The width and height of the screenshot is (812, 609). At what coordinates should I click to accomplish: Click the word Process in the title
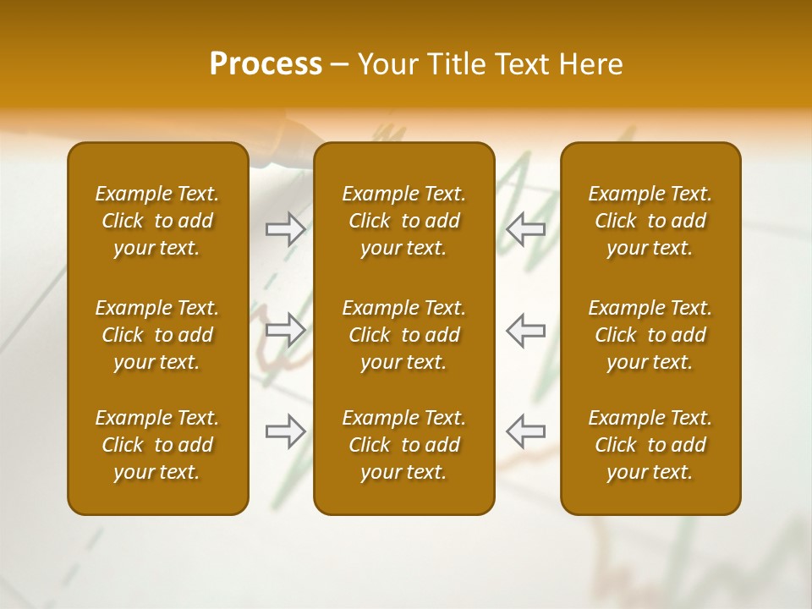[266, 64]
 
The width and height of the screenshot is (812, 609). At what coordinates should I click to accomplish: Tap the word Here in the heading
[590, 64]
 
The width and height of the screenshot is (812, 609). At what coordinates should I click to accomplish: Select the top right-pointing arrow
[286, 228]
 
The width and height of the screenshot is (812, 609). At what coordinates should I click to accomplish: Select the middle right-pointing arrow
[286, 330]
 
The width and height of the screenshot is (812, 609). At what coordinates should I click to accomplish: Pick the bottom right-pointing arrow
[286, 431]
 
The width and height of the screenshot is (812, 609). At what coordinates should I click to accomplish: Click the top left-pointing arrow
[526, 228]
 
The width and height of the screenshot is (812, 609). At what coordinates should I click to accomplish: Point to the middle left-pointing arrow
[526, 330]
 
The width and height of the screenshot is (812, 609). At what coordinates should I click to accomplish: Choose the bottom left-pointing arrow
[526, 431]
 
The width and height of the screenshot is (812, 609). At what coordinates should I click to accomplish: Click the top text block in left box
[157, 221]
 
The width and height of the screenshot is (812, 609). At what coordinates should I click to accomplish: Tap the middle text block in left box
[157, 335]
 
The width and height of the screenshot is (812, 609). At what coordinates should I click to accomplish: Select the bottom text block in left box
[157, 445]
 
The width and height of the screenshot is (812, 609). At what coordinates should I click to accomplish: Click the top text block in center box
[403, 221]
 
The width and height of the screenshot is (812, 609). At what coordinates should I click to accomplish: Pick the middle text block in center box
[403, 335]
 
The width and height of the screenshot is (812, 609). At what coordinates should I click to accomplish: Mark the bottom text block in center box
[403, 445]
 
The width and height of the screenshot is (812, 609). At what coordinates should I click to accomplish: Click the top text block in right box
[650, 221]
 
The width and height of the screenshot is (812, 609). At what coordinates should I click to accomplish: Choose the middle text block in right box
[650, 335]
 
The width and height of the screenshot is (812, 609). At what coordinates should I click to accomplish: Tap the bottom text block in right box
[650, 445]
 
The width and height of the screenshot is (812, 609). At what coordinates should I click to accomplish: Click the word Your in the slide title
[388, 64]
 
